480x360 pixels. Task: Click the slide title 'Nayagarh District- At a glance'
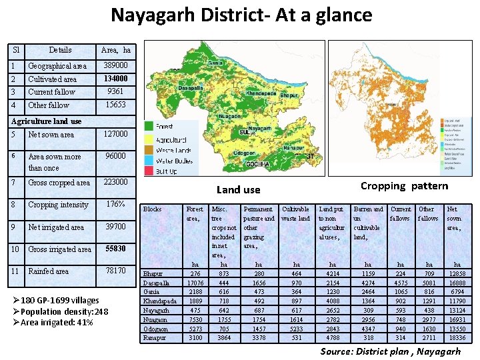pyautogui.click(x=241, y=15)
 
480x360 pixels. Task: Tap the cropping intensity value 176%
pyautogui.click(x=117, y=204)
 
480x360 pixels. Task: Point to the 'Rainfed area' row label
pyautogui.click(x=48, y=271)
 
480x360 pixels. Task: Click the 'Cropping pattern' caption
pyautogui.click(x=404, y=186)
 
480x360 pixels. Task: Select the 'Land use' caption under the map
pyautogui.click(x=238, y=190)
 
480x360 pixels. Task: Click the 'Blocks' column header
pyautogui.click(x=153, y=209)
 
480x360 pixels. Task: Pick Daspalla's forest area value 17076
pyautogui.click(x=195, y=283)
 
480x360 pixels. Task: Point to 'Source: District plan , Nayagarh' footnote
pyautogui.click(x=390, y=351)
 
